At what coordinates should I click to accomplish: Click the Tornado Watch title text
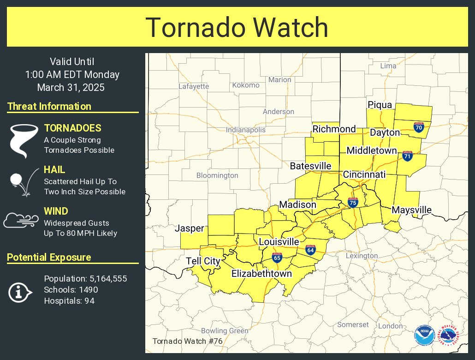(x=237, y=28)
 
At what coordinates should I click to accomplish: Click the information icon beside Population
(x=20, y=292)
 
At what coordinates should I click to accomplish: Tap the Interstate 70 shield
(x=419, y=128)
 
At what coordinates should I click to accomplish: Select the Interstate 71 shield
(x=407, y=156)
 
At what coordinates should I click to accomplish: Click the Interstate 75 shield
(x=353, y=202)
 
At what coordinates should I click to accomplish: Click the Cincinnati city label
(x=364, y=174)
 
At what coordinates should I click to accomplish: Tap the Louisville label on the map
(x=279, y=242)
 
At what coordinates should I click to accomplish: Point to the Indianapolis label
(x=246, y=130)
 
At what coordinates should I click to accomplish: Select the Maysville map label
(x=411, y=210)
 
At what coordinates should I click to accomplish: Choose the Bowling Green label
(x=225, y=330)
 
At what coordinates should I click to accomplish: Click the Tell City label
(x=203, y=261)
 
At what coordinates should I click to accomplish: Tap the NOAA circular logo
(x=424, y=335)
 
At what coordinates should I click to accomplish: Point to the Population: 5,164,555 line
(x=85, y=279)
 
